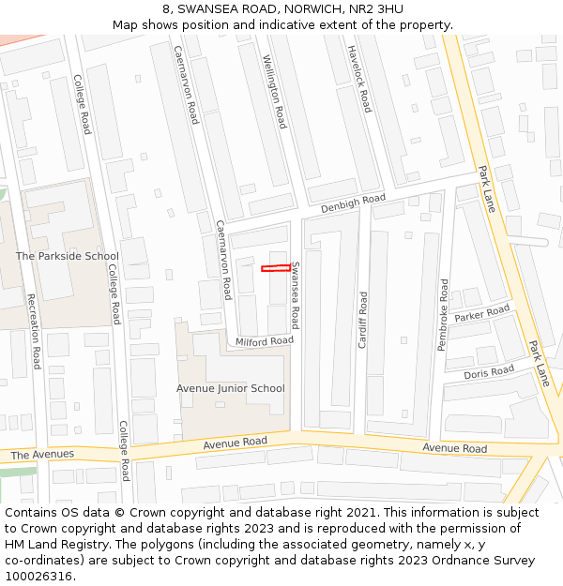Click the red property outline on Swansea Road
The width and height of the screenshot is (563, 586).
[274, 269]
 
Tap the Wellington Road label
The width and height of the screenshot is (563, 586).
[275, 91]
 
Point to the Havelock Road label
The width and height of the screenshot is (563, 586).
[359, 79]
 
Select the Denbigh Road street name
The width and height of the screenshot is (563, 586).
[353, 203]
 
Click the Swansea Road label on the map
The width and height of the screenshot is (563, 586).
[295, 294]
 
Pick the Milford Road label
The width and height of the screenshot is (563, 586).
[265, 341]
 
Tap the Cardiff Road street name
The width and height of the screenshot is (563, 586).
[363, 320]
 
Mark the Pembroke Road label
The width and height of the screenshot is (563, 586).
[443, 315]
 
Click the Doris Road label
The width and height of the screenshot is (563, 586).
[489, 372]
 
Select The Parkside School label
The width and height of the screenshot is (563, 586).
[68, 256]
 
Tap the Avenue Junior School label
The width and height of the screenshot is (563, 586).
[230, 388]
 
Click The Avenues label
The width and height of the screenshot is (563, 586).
[42, 455]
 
